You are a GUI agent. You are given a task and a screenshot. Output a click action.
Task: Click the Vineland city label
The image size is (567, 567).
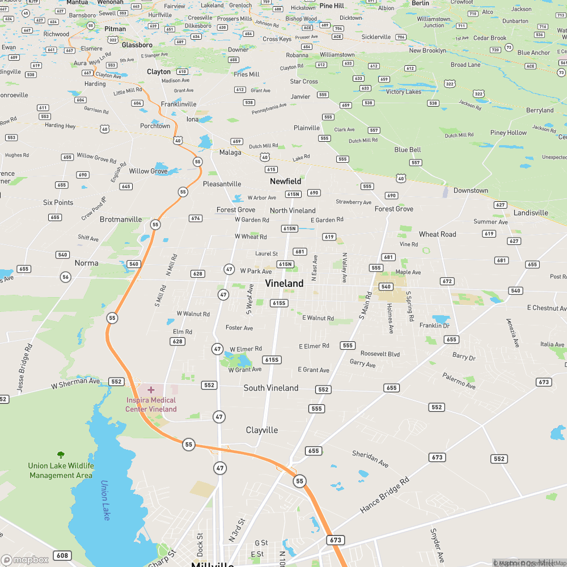point(284,283)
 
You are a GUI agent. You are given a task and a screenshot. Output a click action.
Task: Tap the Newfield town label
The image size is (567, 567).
point(286,181)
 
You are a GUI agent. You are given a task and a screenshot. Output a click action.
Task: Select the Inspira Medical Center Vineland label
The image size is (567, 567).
point(151,405)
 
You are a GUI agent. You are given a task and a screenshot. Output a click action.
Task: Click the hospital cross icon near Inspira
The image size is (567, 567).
point(151,390)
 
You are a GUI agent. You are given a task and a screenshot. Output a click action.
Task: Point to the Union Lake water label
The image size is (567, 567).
point(105,501)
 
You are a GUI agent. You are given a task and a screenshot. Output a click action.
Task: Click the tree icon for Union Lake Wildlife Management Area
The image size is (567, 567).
point(61,455)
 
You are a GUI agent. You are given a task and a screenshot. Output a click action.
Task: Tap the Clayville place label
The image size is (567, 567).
point(262,430)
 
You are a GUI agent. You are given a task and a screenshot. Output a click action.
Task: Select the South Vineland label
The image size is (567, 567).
point(271,388)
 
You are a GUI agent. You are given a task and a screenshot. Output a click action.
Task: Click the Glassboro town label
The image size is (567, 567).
point(137,45)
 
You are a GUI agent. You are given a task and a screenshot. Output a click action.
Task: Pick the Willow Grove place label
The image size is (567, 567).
point(149,171)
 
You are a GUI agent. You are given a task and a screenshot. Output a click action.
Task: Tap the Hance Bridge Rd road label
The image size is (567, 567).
point(384,496)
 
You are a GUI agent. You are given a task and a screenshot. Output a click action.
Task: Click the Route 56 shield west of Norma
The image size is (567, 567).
point(66,277)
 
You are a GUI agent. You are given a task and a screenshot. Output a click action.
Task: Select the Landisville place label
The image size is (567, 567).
point(531,213)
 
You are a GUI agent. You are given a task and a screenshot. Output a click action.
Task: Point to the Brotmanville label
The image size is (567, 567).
point(121,219)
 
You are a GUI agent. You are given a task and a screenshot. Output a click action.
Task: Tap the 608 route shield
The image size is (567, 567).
point(62,555)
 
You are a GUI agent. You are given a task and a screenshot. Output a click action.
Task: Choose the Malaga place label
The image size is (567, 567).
point(230,152)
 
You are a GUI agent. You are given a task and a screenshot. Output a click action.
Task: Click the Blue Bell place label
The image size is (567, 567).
point(408,150)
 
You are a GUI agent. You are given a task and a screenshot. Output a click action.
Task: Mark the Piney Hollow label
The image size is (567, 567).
point(509,133)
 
